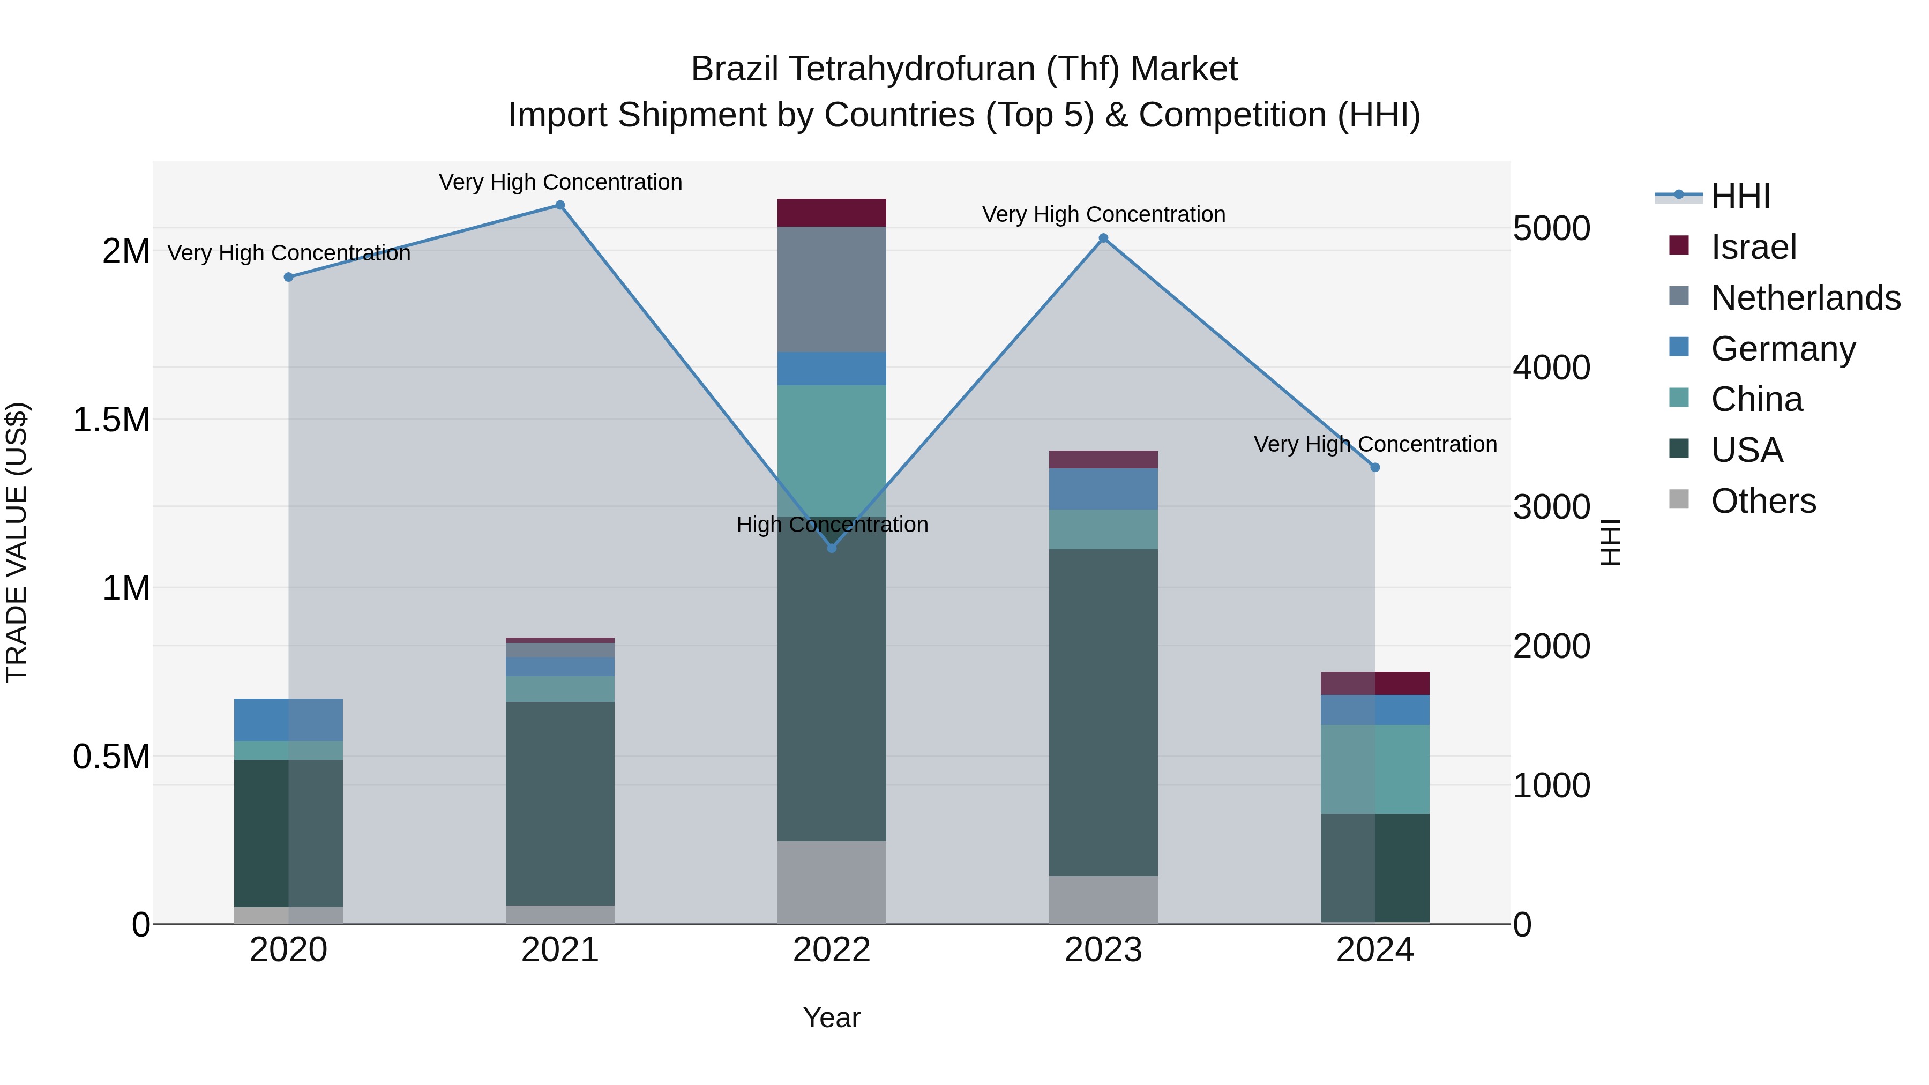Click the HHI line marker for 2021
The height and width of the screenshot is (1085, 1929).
tap(559, 205)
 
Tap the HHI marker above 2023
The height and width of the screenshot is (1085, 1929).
tap(1103, 238)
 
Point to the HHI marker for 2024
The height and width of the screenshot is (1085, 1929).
tap(1375, 467)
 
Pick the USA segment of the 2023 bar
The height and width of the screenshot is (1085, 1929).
tap(1103, 712)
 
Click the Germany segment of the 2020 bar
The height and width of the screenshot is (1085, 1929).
tap(288, 720)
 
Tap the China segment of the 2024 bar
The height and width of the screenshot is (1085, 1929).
tap(1375, 769)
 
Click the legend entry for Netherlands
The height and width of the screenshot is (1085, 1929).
tap(1805, 298)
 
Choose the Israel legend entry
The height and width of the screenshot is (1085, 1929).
tap(1753, 247)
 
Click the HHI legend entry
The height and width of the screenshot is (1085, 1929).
tap(1740, 196)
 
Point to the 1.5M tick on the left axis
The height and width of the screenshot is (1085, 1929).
tap(111, 420)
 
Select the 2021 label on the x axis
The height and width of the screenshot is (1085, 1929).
tap(559, 950)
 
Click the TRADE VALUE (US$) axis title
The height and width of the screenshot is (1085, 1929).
tap(17, 542)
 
